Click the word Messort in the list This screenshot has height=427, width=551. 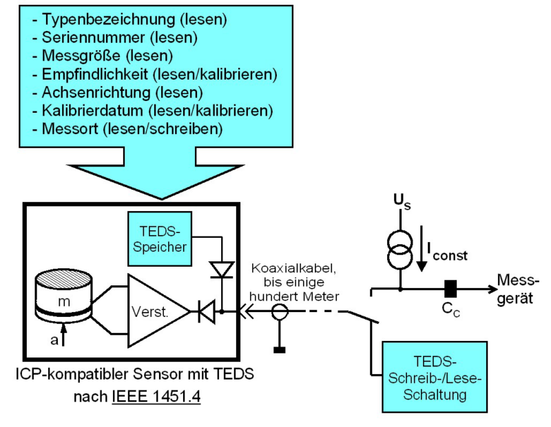click(67, 128)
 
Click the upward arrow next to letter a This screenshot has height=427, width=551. click(63, 336)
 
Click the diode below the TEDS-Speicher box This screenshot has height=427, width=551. click(222, 269)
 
